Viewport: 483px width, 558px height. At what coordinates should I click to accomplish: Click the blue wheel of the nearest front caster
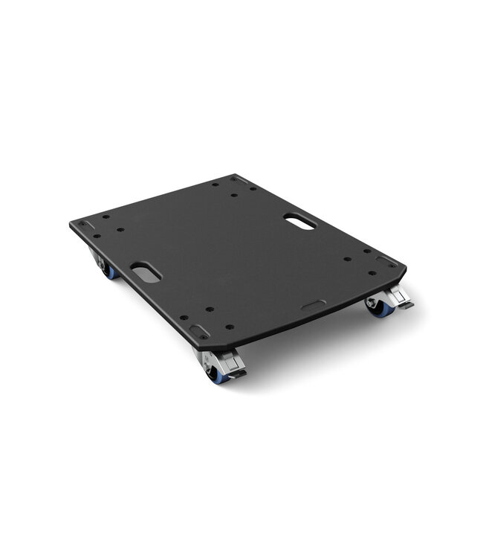point(215,376)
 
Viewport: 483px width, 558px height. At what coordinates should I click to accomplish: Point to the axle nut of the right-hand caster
point(371,304)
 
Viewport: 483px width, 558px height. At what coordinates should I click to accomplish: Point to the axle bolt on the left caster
point(103,264)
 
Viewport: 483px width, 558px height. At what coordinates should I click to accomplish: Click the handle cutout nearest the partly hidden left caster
point(146,272)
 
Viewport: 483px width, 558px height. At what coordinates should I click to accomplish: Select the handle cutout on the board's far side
point(299,221)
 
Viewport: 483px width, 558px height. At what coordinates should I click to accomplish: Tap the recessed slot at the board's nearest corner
point(198,333)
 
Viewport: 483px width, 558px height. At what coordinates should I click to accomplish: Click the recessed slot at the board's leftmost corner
point(86,225)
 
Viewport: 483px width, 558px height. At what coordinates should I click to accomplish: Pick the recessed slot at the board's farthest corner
point(237,179)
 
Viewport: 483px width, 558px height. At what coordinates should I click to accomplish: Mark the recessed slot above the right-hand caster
point(386,262)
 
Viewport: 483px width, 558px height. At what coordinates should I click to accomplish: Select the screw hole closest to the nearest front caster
point(228,327)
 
